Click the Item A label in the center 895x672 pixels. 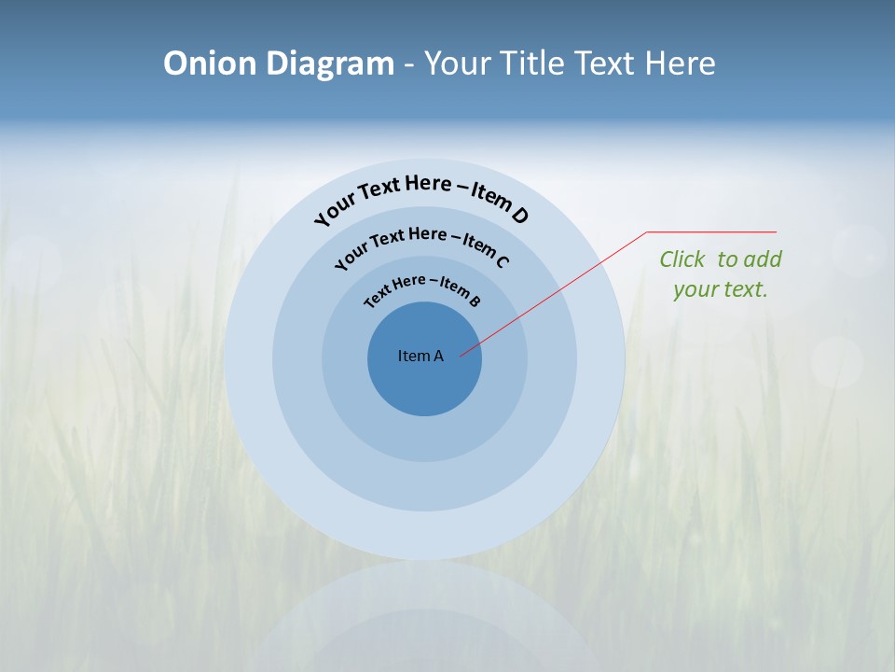coord(420,356)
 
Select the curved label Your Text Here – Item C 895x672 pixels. coord(421,241)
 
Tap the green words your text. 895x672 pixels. coord(720,289)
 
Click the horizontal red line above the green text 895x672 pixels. coord(711,231)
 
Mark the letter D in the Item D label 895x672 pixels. coord(519,216)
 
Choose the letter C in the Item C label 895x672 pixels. coord(502,260)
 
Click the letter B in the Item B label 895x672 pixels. coord(475,301)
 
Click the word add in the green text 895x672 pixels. coord(763,259)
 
